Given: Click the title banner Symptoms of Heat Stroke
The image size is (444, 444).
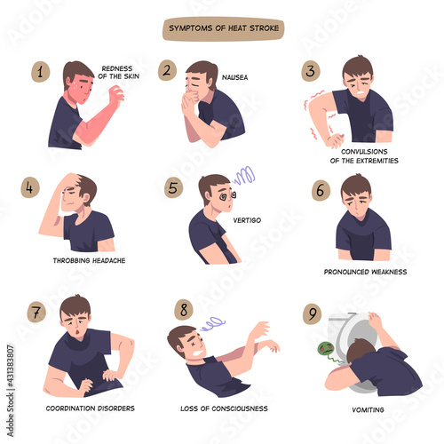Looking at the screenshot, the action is point(223,28).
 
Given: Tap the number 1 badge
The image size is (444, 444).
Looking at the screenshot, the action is point(41,72).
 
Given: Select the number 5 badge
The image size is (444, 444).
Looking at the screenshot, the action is point(173,187).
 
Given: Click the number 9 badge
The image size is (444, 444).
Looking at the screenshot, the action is point(313,313).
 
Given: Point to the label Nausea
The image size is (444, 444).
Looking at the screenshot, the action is point(234,77).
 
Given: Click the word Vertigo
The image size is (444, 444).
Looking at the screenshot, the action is point(247,220).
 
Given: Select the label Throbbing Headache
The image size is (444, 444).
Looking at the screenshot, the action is point(89,260).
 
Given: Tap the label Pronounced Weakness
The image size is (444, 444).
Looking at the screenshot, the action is point(365,272).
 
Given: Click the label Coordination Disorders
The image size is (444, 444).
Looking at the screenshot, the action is point(91,408).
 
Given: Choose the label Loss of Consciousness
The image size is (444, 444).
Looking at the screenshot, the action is point(224,408).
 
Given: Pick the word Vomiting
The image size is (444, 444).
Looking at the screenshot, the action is point(368,410).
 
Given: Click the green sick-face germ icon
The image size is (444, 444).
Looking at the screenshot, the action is point(327,349).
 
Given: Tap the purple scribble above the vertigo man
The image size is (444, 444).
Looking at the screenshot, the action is point(244,175).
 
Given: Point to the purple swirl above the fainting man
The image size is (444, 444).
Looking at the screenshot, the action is point(212,323).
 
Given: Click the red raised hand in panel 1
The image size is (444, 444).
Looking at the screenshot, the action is point(116,95).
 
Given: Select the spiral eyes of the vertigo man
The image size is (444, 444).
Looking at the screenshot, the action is point(227,195).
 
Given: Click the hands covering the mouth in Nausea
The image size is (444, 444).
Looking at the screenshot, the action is point(189,102).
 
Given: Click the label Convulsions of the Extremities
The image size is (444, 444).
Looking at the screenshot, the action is point(364,156).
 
